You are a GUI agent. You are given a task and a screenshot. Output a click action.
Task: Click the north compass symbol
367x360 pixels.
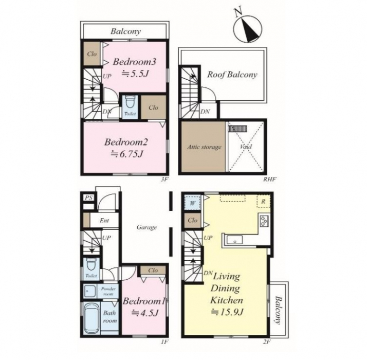click(x=248, y=28)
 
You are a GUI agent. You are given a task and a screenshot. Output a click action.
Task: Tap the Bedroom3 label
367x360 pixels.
click(x=134, y=62)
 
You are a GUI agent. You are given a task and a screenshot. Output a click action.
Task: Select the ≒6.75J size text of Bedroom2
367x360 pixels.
click(x=126, y=154)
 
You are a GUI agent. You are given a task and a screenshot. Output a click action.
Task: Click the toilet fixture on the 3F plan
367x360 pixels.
click(x=129, y=102)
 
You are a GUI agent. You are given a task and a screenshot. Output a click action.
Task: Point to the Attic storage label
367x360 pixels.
click(x=204, y=147)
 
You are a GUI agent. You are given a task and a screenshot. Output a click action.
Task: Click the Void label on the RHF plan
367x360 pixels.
click(x=246, y=147)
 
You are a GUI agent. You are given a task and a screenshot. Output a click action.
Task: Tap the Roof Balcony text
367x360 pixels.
click(x=232, y=75)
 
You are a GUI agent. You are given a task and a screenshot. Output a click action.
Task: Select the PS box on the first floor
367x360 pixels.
click(x=89, y=198)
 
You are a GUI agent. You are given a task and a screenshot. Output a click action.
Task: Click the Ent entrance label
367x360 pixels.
click(x=104, y=221)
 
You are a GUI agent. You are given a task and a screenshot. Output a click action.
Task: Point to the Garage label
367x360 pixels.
click(x=146, y=227)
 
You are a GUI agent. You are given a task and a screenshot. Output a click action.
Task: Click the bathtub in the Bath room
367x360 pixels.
click(x=91, y=318)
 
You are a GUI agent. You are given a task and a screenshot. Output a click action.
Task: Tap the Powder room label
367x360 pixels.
click(x=108, y=291)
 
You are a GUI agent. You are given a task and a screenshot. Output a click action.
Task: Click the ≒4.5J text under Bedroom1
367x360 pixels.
click(x=145, y=313)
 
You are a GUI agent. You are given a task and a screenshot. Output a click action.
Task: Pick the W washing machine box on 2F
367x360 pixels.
click(x=192, y=203)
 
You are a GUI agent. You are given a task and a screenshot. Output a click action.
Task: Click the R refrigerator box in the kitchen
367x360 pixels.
click(x=264, y=201)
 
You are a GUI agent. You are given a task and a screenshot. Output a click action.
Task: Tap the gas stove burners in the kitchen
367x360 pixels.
click(x=264, y=221)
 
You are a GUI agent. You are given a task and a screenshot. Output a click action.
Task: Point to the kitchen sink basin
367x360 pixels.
click(x=235, y=240)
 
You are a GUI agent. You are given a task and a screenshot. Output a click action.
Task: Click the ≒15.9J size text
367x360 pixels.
click(x=228, y=312)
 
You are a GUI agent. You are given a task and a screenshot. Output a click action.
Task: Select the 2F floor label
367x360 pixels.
click(x=266, y=342)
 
